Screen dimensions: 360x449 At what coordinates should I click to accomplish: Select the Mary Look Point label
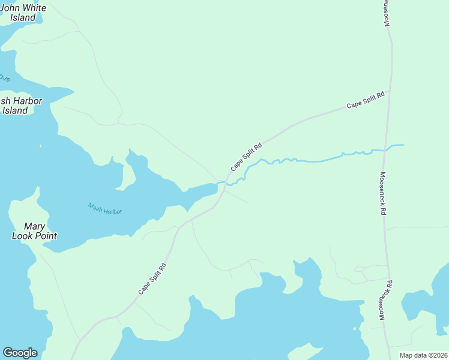click(x=34, y=231)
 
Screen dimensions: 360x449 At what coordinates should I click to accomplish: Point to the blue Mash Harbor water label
click(x=105, y=209)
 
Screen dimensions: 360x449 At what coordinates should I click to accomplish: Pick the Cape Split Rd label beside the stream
click(x=247, y=156)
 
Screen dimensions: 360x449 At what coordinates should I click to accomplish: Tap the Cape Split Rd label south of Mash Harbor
click(x=152, y=279)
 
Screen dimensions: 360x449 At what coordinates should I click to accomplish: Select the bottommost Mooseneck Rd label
click(x=385, y=299)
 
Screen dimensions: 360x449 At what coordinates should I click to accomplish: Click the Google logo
click(x=20, y=353)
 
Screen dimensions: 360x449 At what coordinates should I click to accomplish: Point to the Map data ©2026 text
click(x=423, y=355)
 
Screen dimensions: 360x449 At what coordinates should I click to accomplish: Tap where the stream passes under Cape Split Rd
click(x=226, y=182)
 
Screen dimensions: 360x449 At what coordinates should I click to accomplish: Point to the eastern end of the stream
click(x=403, y=145)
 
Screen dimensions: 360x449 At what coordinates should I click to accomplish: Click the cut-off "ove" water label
click(x=5, y=79)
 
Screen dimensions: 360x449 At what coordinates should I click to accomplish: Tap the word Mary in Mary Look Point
click(x=34, y=226)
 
